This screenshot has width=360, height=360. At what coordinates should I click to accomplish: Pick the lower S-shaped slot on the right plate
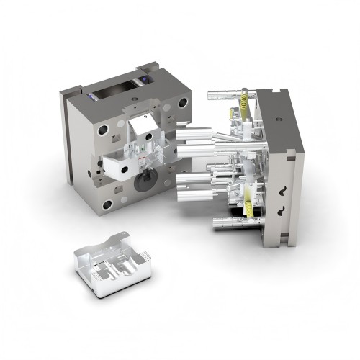(x=282, y=210)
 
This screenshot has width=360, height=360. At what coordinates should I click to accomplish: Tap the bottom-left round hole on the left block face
(x=107, y=205)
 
